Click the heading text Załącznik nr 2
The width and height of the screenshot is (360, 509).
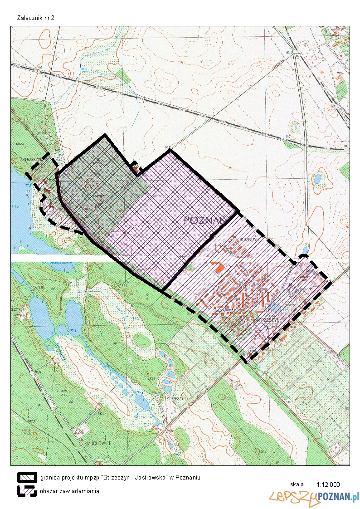pyautogui.click(x=35, y=18)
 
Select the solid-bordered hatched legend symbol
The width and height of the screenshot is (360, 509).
pyautogui.click(x=27, y=477)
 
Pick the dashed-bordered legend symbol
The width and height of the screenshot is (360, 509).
pyautogui.click(x=27, y=490)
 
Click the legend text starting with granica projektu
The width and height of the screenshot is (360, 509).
pyautogui.click(x=120, y=477)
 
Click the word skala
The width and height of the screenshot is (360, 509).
pyautogui.click(x=297, y=484)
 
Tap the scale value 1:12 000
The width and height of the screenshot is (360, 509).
pyautogui.click(x=328, y=484)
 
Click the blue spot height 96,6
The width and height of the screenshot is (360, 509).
pyautogui.click(x=84, y=69)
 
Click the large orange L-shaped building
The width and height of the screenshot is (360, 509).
pyautogui.click(x=217, y=266)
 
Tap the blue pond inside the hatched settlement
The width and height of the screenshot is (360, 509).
pyautogui.click(x=274, y=308)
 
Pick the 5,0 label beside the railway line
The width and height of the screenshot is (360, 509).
pyautogui.click(x=287, y=136)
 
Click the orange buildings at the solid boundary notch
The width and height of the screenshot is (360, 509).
pyautogui.click(x=136, y=169)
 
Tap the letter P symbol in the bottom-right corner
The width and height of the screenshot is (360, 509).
pyautogui.click(x=336, y=447)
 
